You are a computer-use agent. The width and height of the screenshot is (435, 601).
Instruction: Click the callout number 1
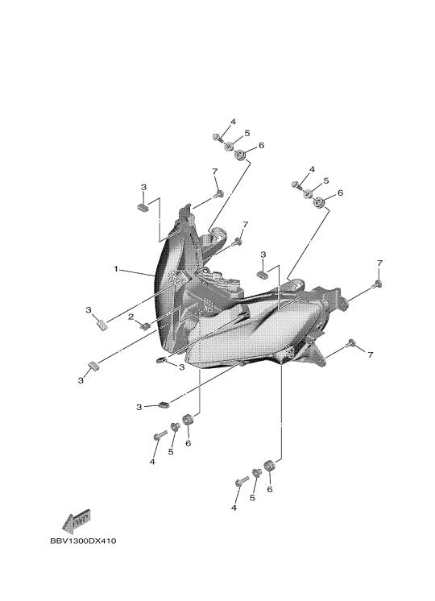click(116, 269)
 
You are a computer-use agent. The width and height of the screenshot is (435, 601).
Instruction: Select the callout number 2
click(131, 317)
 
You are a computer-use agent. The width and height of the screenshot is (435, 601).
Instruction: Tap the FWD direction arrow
click(77, 521)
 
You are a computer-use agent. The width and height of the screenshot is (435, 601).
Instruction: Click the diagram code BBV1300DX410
click(83, 541)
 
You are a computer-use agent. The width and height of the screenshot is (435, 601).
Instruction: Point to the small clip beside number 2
click(145, 325)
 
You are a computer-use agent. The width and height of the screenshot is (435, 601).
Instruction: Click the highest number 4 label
click(233, 122)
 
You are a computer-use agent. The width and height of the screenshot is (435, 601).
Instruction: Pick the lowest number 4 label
click(234, 508)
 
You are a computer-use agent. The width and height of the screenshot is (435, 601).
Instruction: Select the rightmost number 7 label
click(379, 263)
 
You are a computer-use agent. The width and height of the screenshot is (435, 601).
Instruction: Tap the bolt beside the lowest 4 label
click(242, 481)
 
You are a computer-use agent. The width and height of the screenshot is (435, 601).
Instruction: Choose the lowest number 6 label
click(269, 490)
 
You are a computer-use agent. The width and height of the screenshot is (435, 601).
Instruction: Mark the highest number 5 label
click(247, 134)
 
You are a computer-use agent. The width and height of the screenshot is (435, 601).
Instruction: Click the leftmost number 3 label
click(81, 380)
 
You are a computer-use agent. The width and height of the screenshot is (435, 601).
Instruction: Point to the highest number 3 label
click(143, 188)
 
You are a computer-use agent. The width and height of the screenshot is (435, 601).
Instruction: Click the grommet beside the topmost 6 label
click(240, 155)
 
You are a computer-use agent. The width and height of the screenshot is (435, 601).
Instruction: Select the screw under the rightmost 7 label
click(378, 284)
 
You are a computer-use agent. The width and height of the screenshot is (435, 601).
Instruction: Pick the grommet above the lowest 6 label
click(269, 465)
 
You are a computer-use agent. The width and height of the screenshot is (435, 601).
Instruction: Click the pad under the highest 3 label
click(143, 207)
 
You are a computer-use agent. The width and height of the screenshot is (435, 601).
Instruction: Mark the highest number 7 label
click(215, 171)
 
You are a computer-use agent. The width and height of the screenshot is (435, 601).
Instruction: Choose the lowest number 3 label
click(139, 407)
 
